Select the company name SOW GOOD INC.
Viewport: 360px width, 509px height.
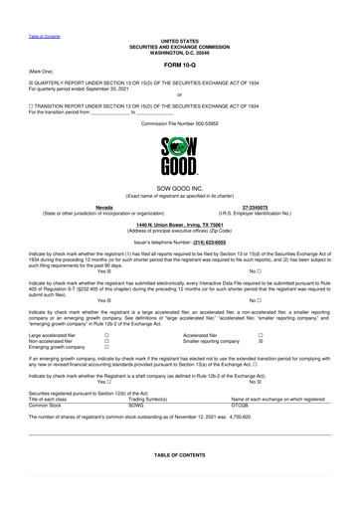pyautogui.click(x=180, y=189)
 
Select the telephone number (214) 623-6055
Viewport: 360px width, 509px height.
pyautogui.click(x=217, y=242)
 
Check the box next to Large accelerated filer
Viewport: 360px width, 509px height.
pyautogui.click(x=106, y=336)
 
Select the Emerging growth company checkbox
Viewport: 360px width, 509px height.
pyautogui.click(x=106, y=348)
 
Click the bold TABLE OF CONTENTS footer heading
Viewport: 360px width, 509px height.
pyautogui.click(x=180, y=453)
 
